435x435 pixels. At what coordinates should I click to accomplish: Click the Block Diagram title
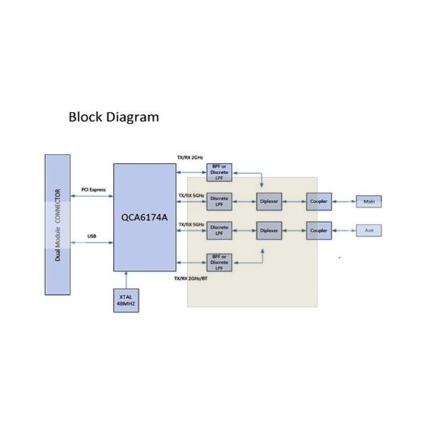[x=113, y=117]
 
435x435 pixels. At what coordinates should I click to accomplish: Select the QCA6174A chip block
[x=144, y=217]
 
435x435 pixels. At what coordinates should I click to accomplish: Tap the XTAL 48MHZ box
[x=125, y=299]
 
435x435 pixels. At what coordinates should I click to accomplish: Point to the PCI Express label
[x=94, y=190]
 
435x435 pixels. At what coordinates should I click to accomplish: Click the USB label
[x=92, y=236]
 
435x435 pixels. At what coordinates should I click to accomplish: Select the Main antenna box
[x=369, y=201]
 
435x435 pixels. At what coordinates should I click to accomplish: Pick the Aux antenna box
[x=369, y=231]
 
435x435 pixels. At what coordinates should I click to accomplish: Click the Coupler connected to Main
[x=319, y=201]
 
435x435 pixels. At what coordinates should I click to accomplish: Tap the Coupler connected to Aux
[x=319, y=231]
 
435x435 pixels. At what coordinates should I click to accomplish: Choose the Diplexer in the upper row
[x=268, y=201]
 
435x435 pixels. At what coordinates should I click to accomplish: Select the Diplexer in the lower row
[x=268, y=231]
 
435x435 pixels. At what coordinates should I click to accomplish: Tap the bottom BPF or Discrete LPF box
[x=219, y=262]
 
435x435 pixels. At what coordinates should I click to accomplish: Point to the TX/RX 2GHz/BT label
[x=192, y=278]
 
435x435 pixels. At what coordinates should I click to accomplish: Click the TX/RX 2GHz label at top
[x=190, y=158]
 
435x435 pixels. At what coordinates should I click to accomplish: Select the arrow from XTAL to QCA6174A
[x=126, y=280]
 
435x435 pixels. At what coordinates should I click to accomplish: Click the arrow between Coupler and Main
[x=344, y=201]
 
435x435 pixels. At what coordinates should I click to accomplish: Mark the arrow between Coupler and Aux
[x=344, y=231]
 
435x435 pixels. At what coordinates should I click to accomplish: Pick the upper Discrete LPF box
[x=219, y=201]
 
